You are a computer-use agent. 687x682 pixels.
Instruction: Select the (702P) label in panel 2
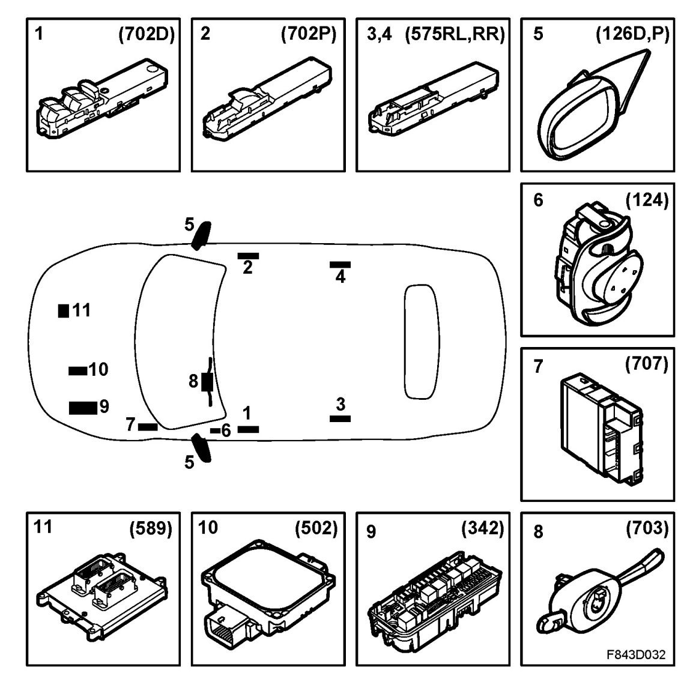309,34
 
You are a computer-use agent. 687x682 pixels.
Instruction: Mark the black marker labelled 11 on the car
63,311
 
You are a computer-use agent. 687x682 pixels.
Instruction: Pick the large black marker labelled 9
82,408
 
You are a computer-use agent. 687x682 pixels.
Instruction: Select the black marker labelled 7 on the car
148,427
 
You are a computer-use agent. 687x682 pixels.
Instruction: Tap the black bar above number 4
340,265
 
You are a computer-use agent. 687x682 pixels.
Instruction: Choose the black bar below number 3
340,418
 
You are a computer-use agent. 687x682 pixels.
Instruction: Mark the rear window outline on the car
423,341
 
